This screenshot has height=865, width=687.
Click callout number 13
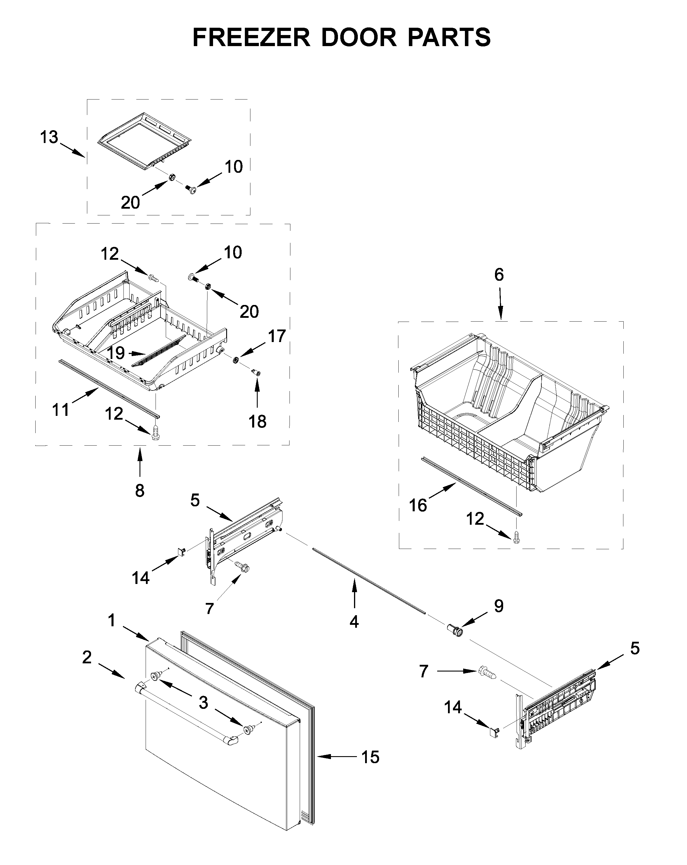[x=49, y=138]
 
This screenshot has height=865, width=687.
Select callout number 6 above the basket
[x=498, y=275]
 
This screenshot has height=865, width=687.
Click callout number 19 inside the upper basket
[x=116, y=353]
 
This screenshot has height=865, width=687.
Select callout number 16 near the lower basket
[x=418, y=505]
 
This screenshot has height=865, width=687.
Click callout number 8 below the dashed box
[x=139, y=490]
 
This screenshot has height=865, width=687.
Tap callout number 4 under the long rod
[x=353, y=622]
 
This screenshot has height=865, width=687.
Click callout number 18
[x=257, y=422]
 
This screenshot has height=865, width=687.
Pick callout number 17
[x=276, y=336]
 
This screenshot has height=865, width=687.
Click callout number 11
[x=61, y=410]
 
